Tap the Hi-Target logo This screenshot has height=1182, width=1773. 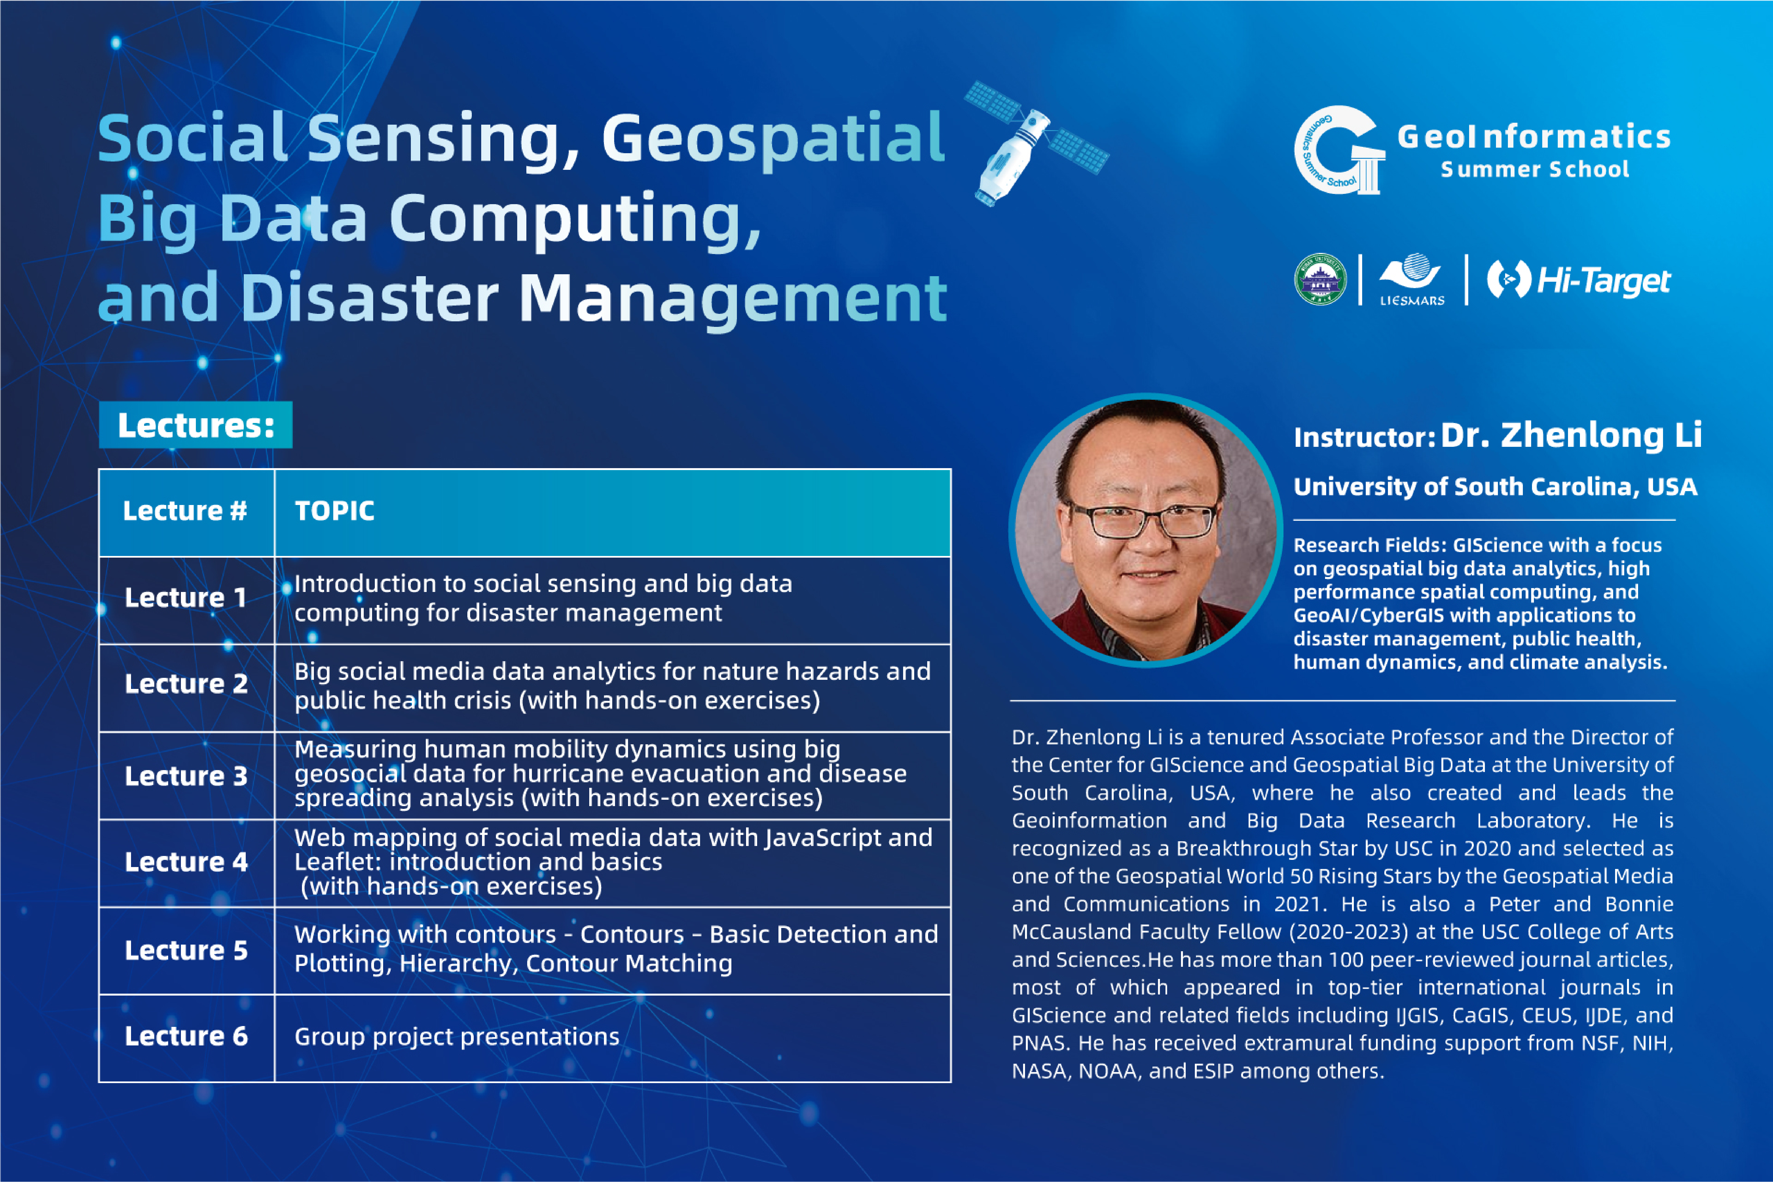coord(1579,280)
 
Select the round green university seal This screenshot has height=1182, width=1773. coord(1320,279)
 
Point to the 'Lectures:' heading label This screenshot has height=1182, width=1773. coord(196,425)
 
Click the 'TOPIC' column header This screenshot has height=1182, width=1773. coord(335,511)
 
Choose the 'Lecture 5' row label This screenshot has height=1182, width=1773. coord(186,951)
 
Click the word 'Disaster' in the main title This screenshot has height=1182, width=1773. coord(369,298)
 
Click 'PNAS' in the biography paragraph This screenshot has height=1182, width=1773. coord(1041,1043)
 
